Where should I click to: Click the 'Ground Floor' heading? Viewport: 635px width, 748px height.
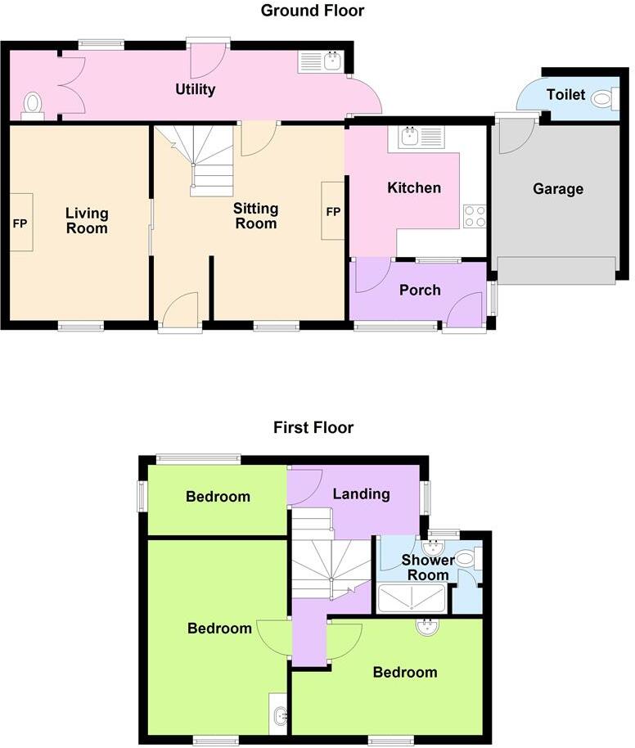[312, 11]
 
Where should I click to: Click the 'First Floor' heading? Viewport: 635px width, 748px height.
[313, 427]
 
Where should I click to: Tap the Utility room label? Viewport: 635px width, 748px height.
[195, 89]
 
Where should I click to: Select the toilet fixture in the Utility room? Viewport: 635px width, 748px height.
[33, 104]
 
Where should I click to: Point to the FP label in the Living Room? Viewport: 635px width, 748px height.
[20, 222]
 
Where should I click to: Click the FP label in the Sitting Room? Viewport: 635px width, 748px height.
[333, 211]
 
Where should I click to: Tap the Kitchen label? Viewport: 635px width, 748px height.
[413, 188]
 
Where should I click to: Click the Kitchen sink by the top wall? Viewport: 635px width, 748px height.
[408, 137]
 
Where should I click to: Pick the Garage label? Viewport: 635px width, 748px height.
[558, 189]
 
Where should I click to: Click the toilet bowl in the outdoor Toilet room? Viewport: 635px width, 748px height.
[603, 99]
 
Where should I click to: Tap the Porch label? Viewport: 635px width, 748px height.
[420, 290]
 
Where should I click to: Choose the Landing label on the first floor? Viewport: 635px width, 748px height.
[361, 493]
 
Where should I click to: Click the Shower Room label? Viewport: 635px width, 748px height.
[428, 567]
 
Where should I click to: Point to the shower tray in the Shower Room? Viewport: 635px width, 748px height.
[412, 600]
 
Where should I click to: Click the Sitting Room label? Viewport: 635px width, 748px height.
[255, 216]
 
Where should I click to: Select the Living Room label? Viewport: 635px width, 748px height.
[87, 221]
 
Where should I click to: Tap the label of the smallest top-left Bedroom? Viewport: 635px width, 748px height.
[217, 496]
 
